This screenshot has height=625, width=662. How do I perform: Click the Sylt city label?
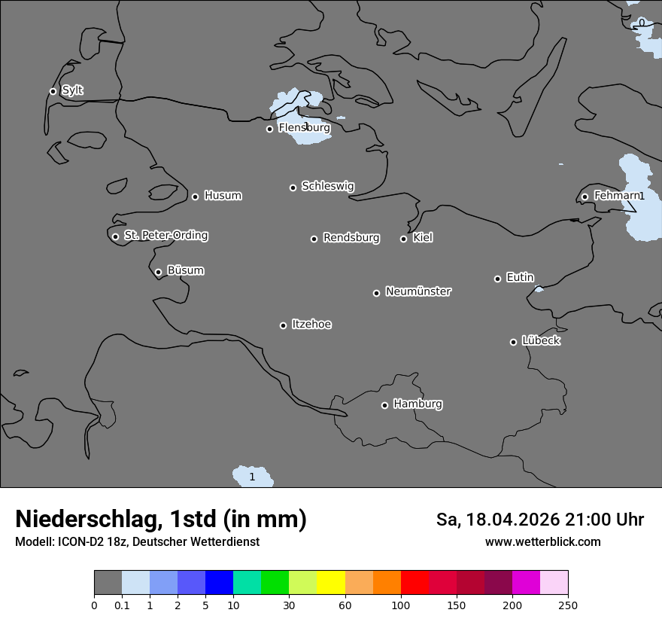tap(72, 90)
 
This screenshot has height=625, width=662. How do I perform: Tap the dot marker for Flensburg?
tap(269, 129)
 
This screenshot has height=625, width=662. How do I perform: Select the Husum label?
tap(223, 196)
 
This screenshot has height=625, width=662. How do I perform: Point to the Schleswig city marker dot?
tap(293, 187)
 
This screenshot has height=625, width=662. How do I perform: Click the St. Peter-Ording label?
tap(165, 236)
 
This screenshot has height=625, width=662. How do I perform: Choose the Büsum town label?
tap(185, 270)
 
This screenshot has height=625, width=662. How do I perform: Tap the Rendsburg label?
tap(351, 238)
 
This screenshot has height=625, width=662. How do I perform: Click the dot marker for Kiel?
tap(403, 239)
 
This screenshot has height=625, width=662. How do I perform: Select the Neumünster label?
tap(418, 291)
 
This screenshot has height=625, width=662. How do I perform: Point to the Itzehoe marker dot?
tap(283, 325)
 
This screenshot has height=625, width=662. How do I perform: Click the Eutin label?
tap(520, 278)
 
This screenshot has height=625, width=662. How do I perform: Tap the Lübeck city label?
tap(541, 340)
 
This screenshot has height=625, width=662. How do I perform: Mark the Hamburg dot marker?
tap(384, 405)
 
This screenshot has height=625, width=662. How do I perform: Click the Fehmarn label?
tap(616, 196)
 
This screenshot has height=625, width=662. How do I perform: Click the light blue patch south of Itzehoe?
tap(252, 477)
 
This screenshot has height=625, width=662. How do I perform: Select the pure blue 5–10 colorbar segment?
tap(219, 583)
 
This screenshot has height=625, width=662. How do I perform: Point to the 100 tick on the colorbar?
tap(400, 605)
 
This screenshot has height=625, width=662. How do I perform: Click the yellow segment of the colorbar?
tap(330, 583)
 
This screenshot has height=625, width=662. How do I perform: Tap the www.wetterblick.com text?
tap(542, 542)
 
